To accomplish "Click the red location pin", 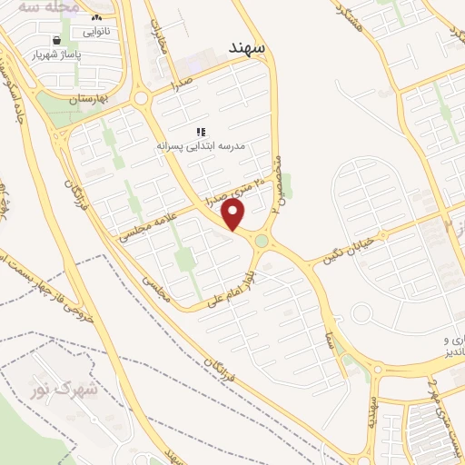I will (234, 214).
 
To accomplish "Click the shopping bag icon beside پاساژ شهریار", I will (58, 41).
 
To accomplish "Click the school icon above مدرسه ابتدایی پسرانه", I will (200, 132).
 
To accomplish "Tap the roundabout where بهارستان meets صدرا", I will (142, 98).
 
